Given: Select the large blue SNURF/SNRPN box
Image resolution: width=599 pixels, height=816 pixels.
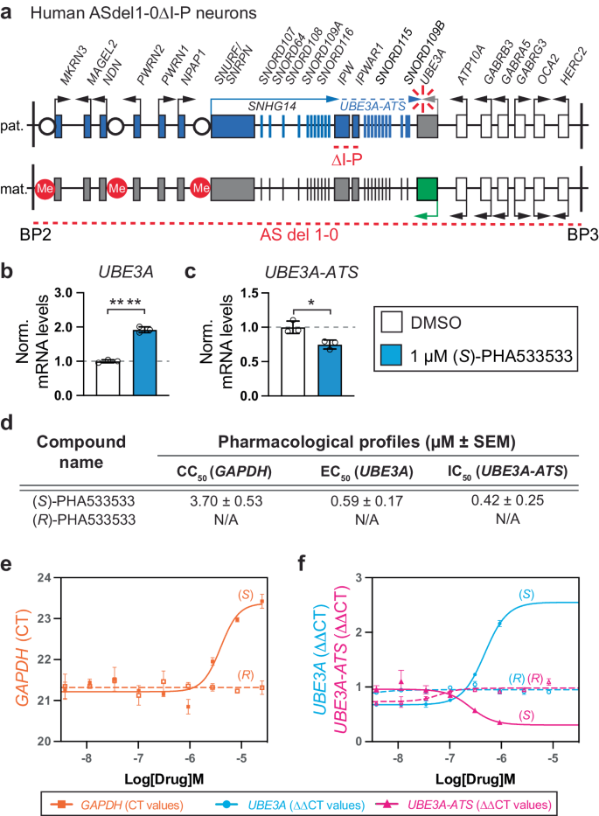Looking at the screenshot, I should (x=232, y=125).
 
